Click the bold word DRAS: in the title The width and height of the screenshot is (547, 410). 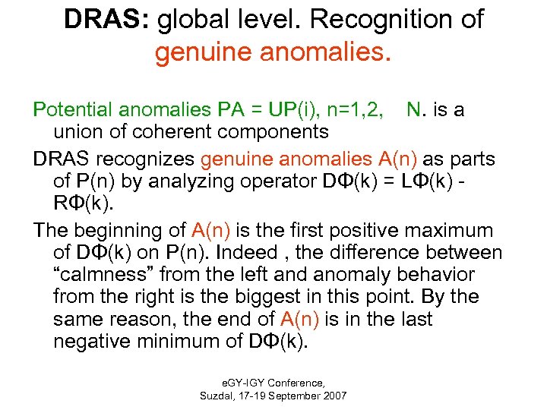tap(106, 20)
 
